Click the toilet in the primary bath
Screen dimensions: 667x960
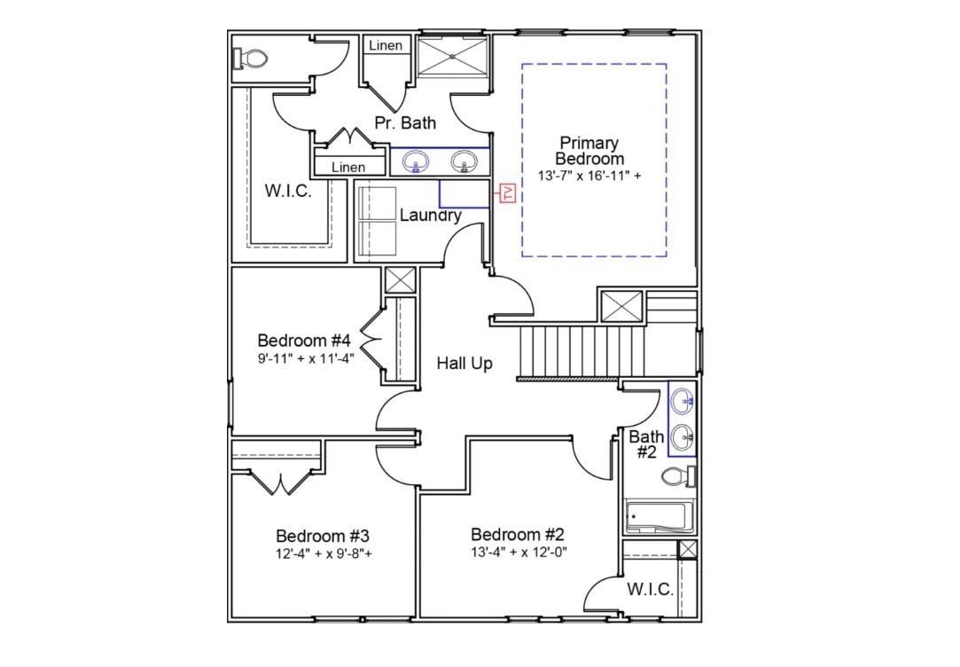[251, 59]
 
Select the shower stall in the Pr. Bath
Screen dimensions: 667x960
[452, 56]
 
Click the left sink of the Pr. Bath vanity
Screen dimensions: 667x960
[416, 161]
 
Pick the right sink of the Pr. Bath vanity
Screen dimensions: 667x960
[464, 161]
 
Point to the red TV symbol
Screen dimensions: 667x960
[508, 192]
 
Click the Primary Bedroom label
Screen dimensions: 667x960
[589, 151]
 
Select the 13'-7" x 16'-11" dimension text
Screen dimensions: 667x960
[589, 176]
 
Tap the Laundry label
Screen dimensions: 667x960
[430, 216]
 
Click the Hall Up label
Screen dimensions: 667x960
[464, 363]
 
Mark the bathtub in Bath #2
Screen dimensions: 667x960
[656, 517]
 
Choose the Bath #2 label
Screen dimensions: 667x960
[646, 443]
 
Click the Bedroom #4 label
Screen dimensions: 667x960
[304, 341]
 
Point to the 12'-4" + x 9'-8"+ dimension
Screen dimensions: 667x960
[323, 554]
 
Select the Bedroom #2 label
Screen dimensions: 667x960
[518, 534]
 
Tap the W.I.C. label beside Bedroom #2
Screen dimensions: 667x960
[650, 590]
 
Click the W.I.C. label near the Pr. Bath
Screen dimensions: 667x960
[288, 190]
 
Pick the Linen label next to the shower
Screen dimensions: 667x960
[386, 45]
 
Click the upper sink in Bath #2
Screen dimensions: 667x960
[683, 402]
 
